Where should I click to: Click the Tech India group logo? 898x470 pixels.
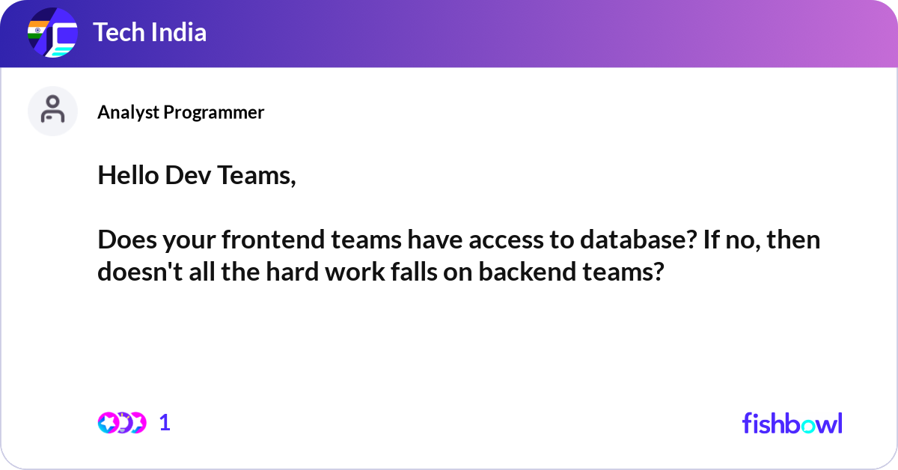[x=52, y=34]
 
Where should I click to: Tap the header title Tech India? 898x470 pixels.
[x=150, y=33]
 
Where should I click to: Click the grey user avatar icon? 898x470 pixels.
[x=52, y=111]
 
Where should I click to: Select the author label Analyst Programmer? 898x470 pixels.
[x=180, y=112]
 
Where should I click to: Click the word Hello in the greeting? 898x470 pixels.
[x=124, y=177]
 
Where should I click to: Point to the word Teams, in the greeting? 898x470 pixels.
[x=259, y=177]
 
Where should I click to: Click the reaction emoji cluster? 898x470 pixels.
[x=121, y=423]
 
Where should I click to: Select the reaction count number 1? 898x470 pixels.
[x=165, y=423]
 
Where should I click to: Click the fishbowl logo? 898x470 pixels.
[x=792, y=423]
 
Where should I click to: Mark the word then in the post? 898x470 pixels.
[x=795, y=240]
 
